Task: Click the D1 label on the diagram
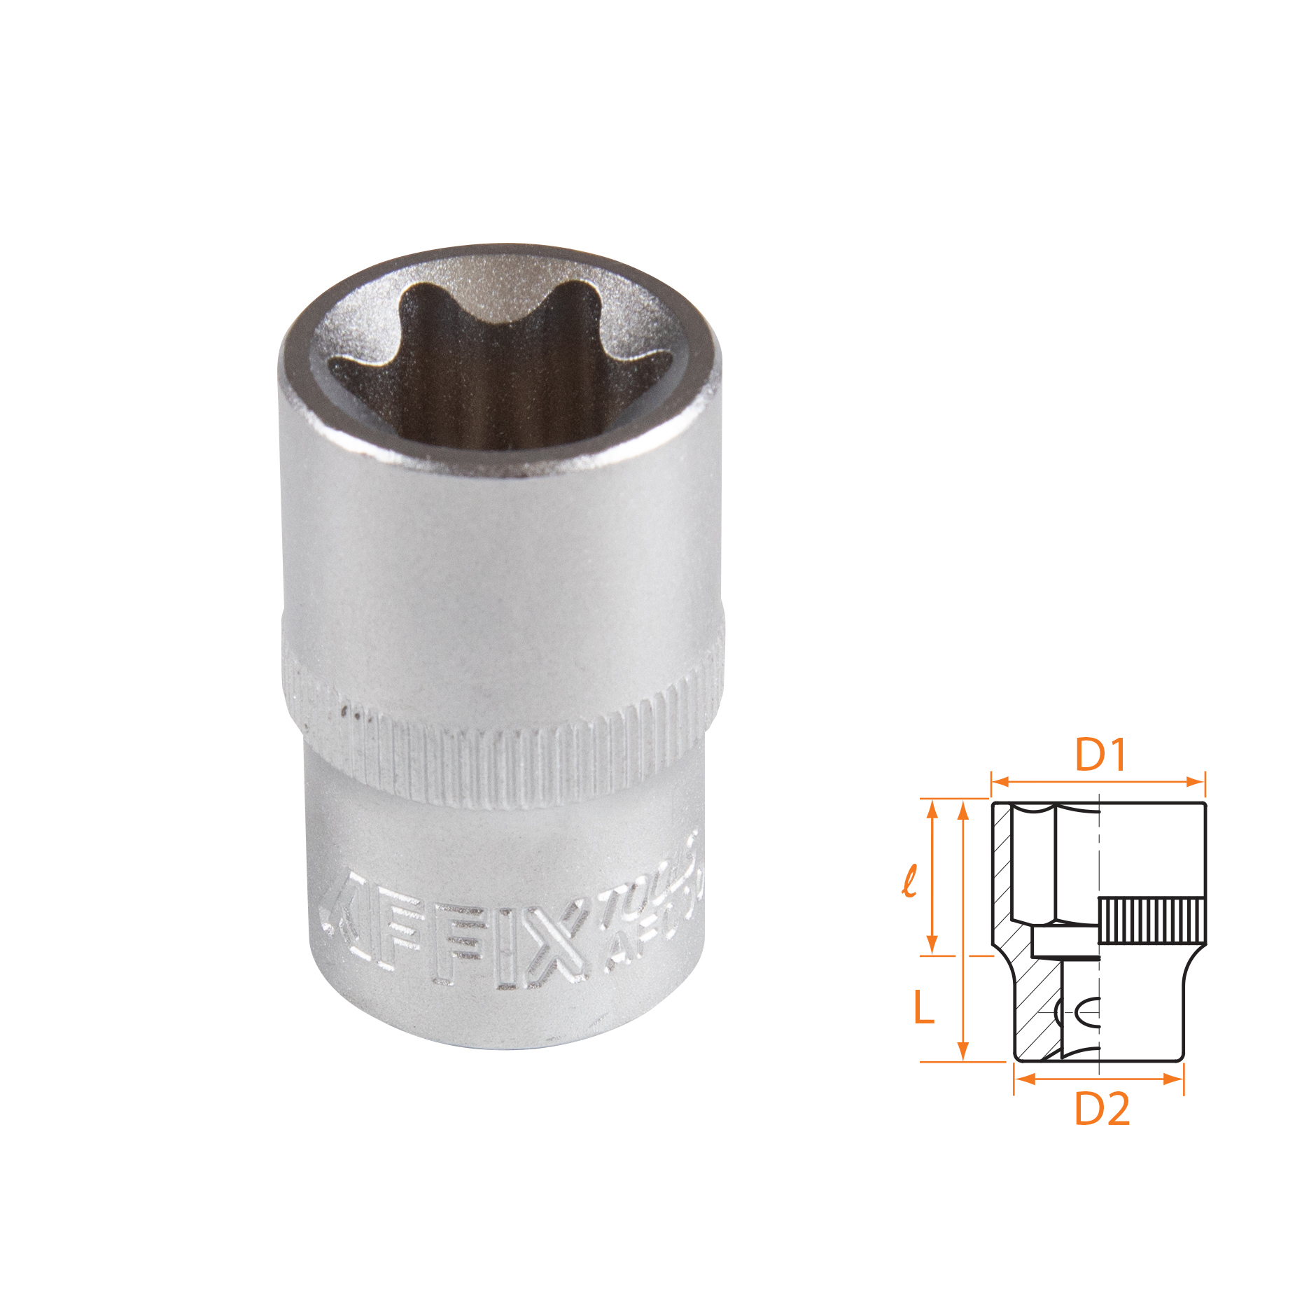click(x=1101, y=755)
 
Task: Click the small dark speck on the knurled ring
click(x=344, y=713)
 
